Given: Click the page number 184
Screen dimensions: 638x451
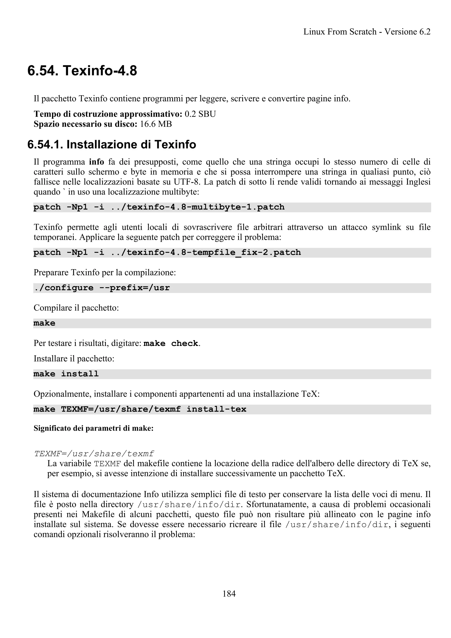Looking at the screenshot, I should point(229,594).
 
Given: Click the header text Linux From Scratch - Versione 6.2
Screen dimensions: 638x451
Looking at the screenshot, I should point(367,32).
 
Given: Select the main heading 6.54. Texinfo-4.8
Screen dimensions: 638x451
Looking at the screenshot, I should point(82,71).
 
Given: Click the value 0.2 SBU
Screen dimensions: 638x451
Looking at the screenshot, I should point(200,114).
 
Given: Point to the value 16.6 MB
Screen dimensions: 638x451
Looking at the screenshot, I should point(156,124).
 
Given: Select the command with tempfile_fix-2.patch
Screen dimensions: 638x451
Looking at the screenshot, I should point(167,253).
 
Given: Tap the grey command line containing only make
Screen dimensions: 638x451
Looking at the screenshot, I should point(44,323).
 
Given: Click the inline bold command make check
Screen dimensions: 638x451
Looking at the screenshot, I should point(171,343).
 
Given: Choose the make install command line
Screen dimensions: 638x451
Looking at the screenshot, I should point(66,374).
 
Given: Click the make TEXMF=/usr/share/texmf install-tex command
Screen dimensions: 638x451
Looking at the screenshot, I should point(140,409).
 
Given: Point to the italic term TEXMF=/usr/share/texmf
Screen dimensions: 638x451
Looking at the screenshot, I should point(94,454).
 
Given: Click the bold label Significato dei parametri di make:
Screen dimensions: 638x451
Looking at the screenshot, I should point(94,428).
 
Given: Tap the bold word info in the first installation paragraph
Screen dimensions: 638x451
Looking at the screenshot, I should point(96,162).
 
